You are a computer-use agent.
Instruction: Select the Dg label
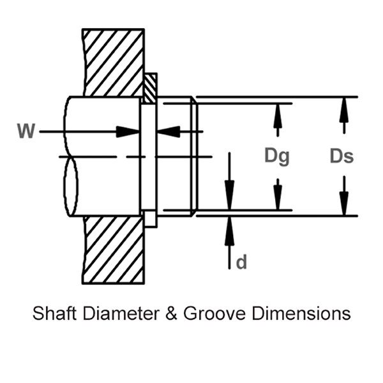pos(277,156)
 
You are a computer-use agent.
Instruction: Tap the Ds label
pos(342,156)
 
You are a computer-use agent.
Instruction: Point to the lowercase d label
pos(241,262)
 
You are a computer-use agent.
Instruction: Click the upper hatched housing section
pos(114,63)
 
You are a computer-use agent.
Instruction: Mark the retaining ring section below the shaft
pos(149,218)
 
